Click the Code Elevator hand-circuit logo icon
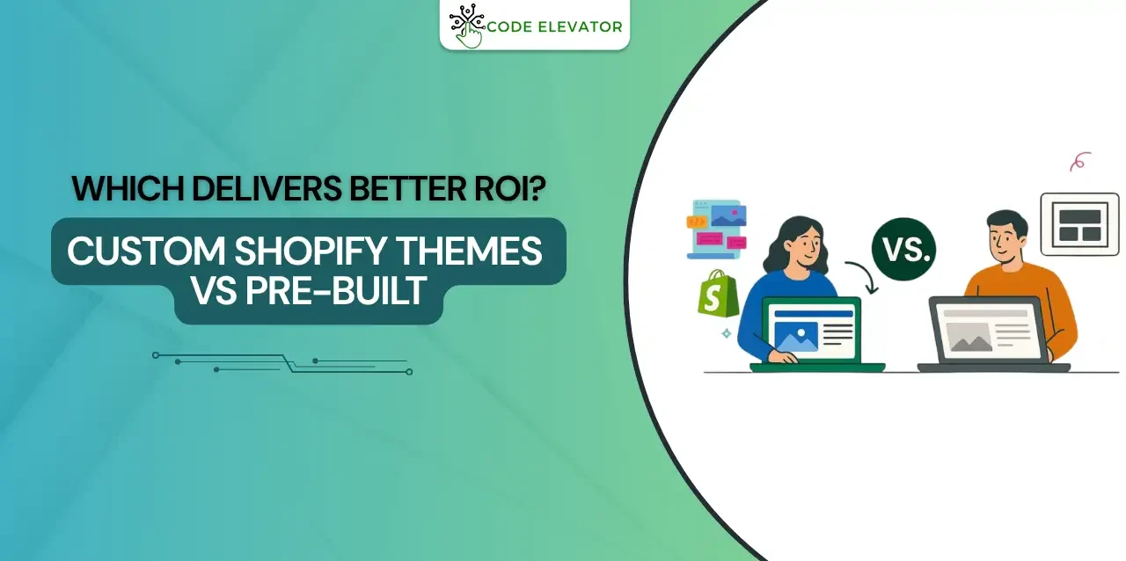465,26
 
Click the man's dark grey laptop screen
985,331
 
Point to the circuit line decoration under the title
282,362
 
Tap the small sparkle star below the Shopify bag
726,334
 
